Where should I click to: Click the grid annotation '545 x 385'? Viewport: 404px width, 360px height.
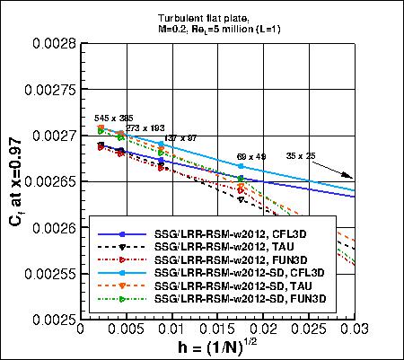[113, 119]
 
